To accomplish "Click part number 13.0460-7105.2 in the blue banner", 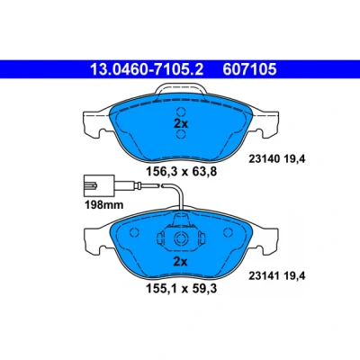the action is coord(147,69).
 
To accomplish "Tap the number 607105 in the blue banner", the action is coord(249,69).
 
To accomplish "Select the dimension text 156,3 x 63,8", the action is coord(181,172).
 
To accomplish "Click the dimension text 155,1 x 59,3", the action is coord(181,289).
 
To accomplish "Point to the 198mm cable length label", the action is coord(104,205).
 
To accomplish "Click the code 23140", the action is coord(265,159).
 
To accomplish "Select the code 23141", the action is coord(265,275).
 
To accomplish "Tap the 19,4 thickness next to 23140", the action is coord(294,159).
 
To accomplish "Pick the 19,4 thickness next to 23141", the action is coord(294,275).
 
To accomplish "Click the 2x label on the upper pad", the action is coord(181,123).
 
